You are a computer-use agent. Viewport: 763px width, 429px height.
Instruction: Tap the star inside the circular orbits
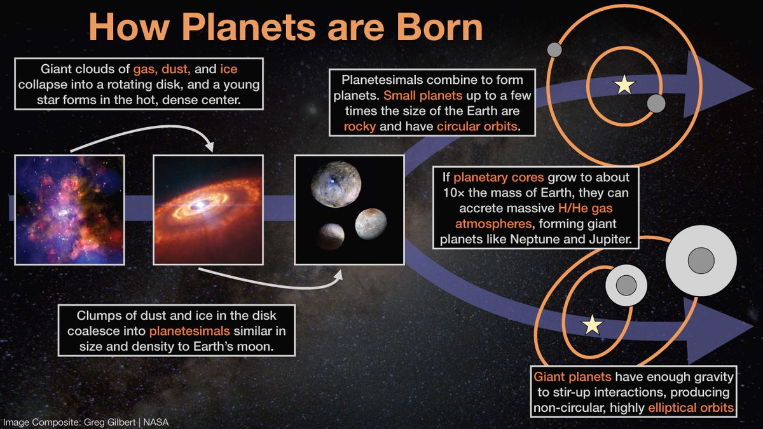point(624,84)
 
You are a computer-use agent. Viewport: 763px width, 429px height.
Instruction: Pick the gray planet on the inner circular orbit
point(656,103)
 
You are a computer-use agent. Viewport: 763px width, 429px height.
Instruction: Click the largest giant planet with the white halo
point(701,261)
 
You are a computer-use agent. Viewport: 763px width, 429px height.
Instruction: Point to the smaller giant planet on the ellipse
point(626,286)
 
